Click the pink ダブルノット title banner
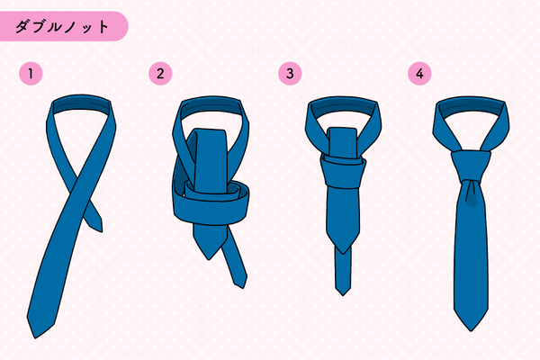pos(64,26)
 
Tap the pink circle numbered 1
pos(31,74)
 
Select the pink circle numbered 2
pos(160,74)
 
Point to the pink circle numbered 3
pos(290,74)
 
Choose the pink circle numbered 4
pos(419,74)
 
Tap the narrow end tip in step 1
pos(102,230)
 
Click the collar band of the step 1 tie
pos(81,103)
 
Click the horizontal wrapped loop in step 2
pos(211,207)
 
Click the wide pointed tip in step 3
pos(343,254)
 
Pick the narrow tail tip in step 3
pos(343,295)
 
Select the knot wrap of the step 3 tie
pos(343,172)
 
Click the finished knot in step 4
pos(471,166)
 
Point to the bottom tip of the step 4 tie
pos(471,330)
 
